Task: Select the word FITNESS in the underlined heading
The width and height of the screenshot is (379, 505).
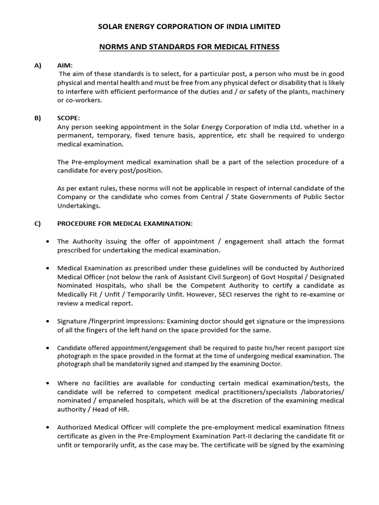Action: (x=262, y=47)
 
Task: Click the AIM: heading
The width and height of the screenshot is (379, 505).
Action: (x=65, y=66)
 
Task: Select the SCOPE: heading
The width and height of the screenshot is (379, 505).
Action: (x=69, y=118)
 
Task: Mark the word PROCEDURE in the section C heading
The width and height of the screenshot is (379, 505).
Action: (x=78, y=223)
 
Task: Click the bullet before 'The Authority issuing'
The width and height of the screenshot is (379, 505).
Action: (x=47, y=242)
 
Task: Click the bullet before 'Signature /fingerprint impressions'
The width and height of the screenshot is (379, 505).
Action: (x=47, y=321)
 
